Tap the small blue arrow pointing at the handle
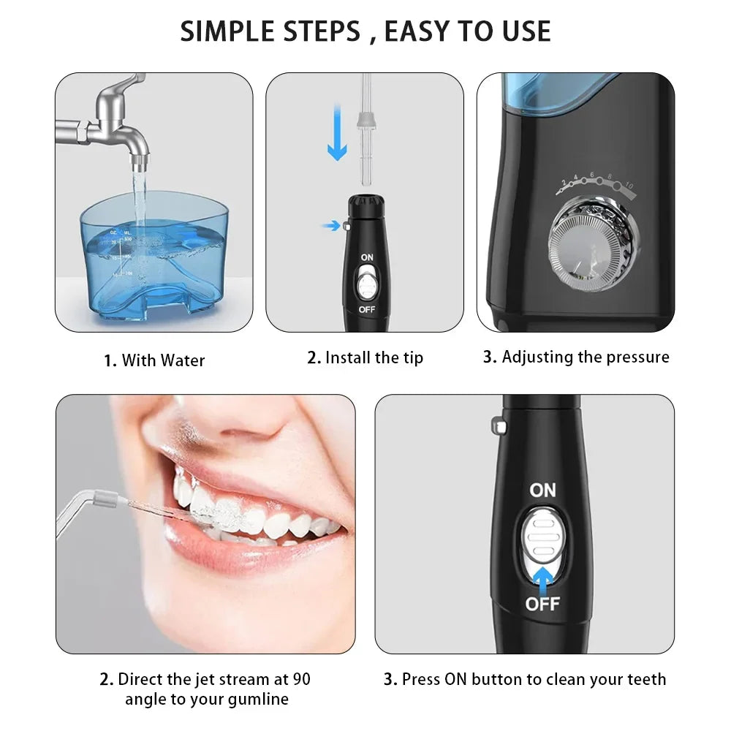click(331, 226)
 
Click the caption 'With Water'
click(163, 360)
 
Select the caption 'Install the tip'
click(374, 357)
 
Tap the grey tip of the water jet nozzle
click(105, 502)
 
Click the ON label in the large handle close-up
click(542, 490)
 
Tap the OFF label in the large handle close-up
click(542, 604)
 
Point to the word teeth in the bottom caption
click(645, 679)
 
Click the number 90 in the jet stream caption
click(301, 679)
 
